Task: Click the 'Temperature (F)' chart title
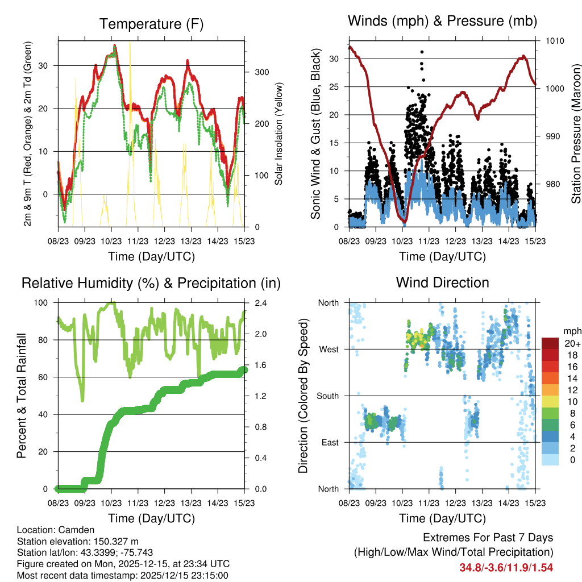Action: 151,24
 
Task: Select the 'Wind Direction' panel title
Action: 442,282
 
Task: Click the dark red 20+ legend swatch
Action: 550,344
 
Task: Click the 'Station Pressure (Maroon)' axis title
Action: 576,134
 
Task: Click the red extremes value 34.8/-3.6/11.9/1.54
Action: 506,567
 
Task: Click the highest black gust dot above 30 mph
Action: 422,52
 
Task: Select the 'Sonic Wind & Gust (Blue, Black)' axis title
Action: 316,134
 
